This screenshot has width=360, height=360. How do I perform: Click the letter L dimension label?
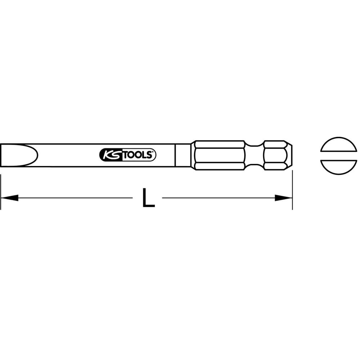pyautogui.click(x=148, y=198)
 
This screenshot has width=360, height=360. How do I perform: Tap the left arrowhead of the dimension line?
pyautogui.click(x=9, y=198)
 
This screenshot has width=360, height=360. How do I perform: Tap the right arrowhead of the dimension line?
pyautogui.click(x=284, y=198)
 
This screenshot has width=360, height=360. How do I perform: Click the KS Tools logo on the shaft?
pyautogui.click(x=128, y=155)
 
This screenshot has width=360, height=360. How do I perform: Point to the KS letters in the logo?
pyautogui.click(x=112, y=155)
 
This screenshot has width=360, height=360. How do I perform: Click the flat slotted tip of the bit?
pyautogui.click(x=19, y=156)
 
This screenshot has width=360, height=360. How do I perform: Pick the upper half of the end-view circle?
pyautogui.click(x=339, y=144)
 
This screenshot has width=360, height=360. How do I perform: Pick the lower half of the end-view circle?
pyautogui.click(x=339, y=167)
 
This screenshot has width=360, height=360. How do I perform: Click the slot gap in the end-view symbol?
pyautogui.click(x=339, y=156)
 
